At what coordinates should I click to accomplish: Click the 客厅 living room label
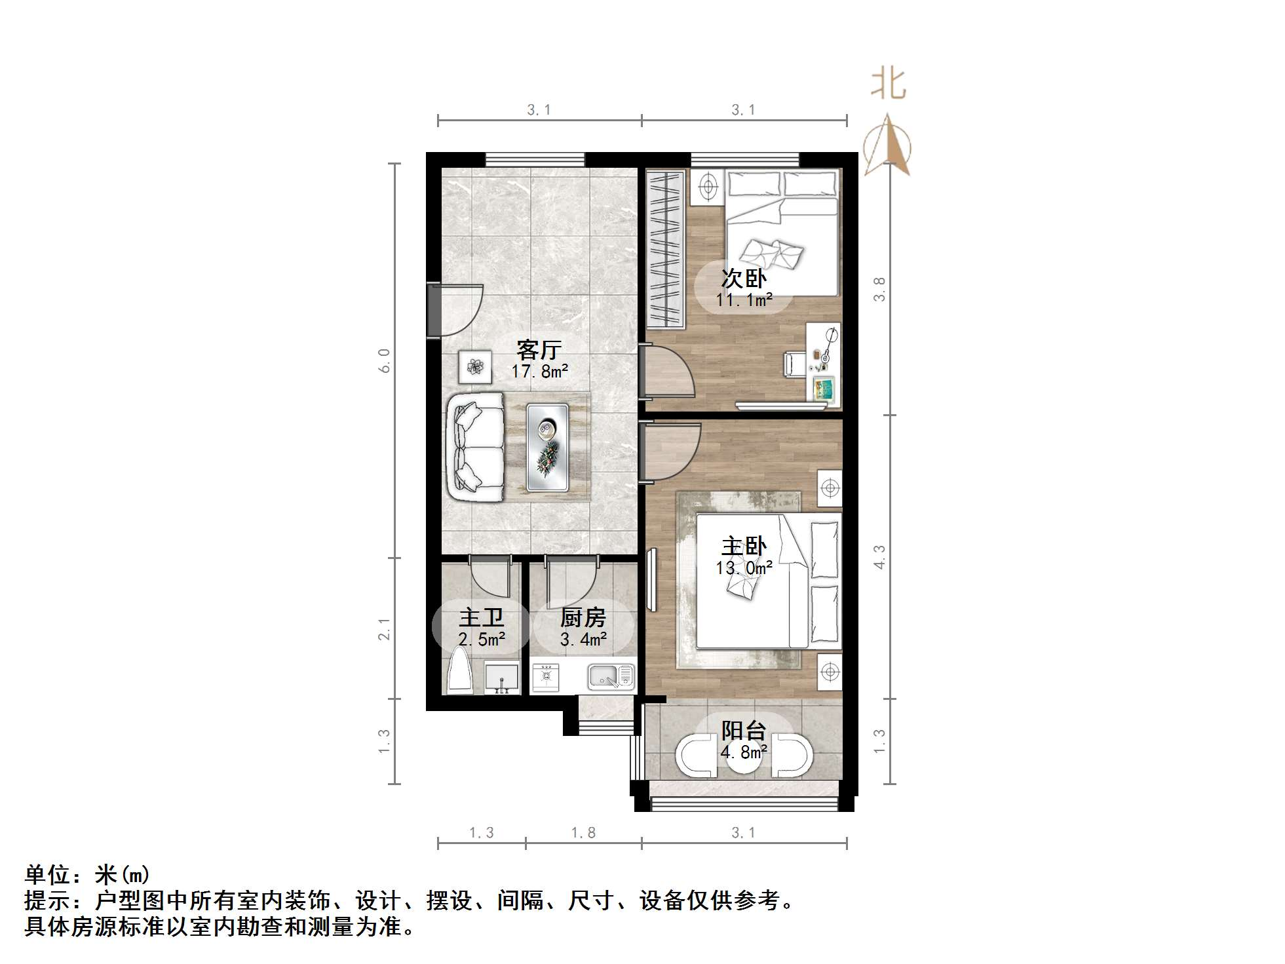tap(539, 350)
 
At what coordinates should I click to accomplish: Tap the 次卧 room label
tap(743, 279)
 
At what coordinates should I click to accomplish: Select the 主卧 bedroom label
tap(743, 547)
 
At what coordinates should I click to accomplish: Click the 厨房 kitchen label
tap(583, 618)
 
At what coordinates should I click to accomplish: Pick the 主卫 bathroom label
tap(481, 618)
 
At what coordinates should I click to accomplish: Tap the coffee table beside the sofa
tap(548, 447)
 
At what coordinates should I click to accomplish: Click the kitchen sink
tap(611, 676)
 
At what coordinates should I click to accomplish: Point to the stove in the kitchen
tap(545, 676)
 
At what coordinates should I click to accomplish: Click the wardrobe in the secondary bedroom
tap(665, 249)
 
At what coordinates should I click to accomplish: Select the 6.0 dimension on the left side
tap(385, 360)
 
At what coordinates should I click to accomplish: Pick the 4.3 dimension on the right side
tap(879, 557)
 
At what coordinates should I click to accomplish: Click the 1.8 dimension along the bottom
tap(583, 833)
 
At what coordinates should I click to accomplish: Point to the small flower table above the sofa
tap(475, 366)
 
